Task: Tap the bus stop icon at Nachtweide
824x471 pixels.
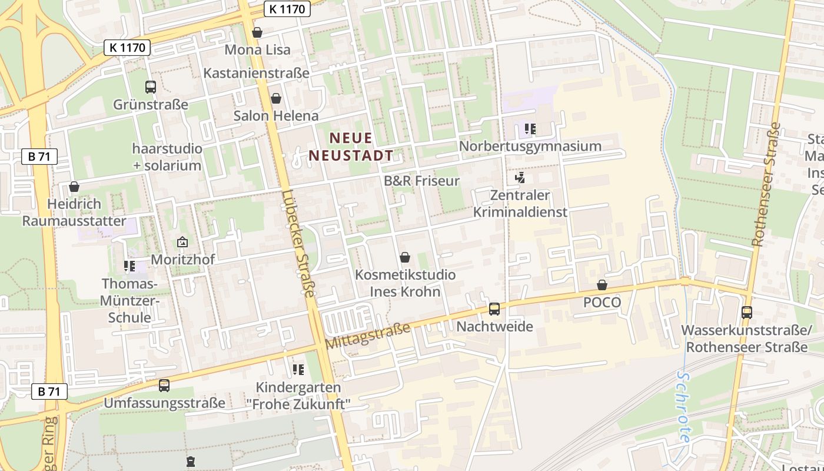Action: point(494,309)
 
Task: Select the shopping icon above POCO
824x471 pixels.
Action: point(602,286)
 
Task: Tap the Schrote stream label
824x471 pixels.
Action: point(684,406)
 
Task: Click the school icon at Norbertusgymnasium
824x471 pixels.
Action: point(530,128)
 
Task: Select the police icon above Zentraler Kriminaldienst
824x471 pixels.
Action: point(520,177)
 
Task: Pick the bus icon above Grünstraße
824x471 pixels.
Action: point(151,87)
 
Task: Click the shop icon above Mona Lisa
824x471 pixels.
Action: point(257,32)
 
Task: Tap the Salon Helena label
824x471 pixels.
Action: point(276,115)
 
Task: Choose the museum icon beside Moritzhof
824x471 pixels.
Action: point(182,242)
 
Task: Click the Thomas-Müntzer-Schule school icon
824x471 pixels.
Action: point(129,266)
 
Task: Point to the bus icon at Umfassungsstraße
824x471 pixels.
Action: point(164,386)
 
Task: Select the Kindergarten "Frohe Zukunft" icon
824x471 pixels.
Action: point(298,370)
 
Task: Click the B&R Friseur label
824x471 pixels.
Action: point(421,181)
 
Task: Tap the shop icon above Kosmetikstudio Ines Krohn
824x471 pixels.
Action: point(405,257)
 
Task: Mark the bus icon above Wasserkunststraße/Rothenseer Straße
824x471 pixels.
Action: point(747,313)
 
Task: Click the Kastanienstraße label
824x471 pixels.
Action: point(256,73)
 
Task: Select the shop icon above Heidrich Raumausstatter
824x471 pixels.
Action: point(74,187)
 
